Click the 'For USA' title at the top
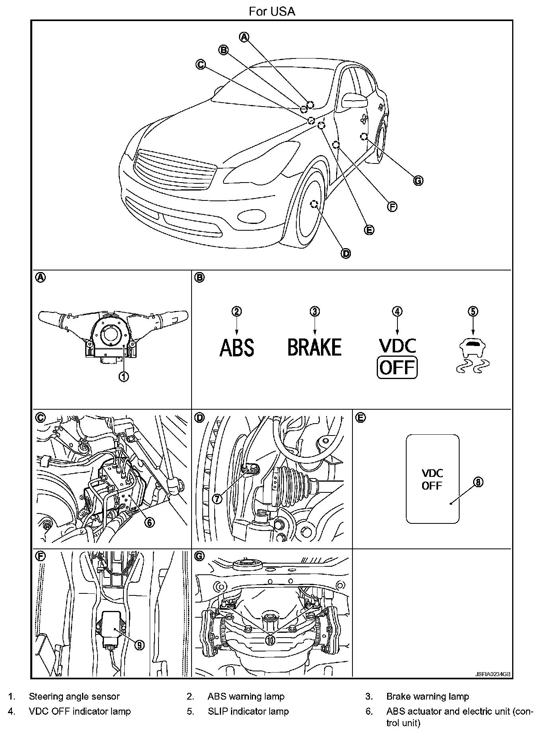[x=272, y=12]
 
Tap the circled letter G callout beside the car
[x=418, y=181]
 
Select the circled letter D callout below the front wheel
[x=346, y=253]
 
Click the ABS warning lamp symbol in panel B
[x=237, y=347]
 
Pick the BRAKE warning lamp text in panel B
[x=315, y=347]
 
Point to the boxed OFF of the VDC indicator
[x=397, y=367]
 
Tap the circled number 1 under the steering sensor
[x=124, y=376]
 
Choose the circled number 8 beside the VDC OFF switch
[x=478, y=482]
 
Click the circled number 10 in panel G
[x=270, y=640]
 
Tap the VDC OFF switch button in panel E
[x=433, y=479]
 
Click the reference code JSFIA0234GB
[x=493, y=675]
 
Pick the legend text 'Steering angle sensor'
[x=74, y=696]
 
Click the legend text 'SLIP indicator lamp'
[x=248, y=711]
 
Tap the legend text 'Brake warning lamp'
[x=427, y=696]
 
